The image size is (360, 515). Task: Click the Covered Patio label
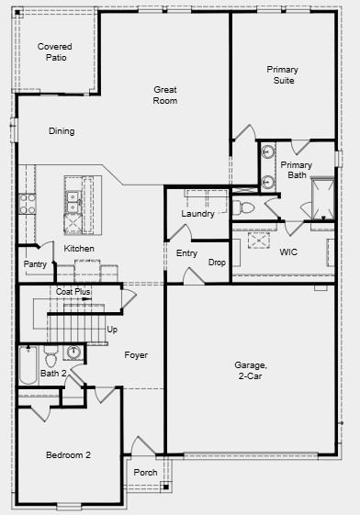coord(53,52)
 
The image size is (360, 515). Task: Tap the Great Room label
coord(165,95)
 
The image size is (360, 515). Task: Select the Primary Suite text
coord(282,74)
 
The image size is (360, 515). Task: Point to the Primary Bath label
coord(297,170)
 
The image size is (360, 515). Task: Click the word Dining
coord(62,131)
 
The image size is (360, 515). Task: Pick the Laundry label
coord(197,214)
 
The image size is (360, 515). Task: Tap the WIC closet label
coord(288,251)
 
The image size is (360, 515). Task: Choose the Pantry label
coord(35,264)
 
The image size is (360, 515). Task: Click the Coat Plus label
coord(73,291)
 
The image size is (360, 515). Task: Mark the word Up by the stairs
coord(112,329)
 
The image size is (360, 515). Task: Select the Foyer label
coord(136,354)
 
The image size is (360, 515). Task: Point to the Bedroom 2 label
coord(69,454)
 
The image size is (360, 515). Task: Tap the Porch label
coord(145,474)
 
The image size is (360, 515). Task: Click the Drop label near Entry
coord(217,263)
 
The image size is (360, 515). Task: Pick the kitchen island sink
coord(72,196)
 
